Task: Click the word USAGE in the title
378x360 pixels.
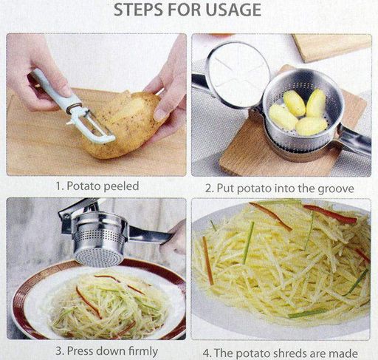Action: [x=233, y=10]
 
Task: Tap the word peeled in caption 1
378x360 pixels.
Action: [x=121, y=186]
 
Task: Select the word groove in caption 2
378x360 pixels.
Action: [x=336, y=189]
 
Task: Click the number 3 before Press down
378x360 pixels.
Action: [x=58, y=351]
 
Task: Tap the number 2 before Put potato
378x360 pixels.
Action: [x=209, y=189]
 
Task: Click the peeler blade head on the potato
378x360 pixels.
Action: [x=94, y=127]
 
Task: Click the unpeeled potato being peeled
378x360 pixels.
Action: [x=123, y=124]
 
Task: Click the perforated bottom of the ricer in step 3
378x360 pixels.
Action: [x=99, y=257]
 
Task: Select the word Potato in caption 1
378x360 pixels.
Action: [x=83, y=186]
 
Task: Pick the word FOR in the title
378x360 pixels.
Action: [x=185, y=10]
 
